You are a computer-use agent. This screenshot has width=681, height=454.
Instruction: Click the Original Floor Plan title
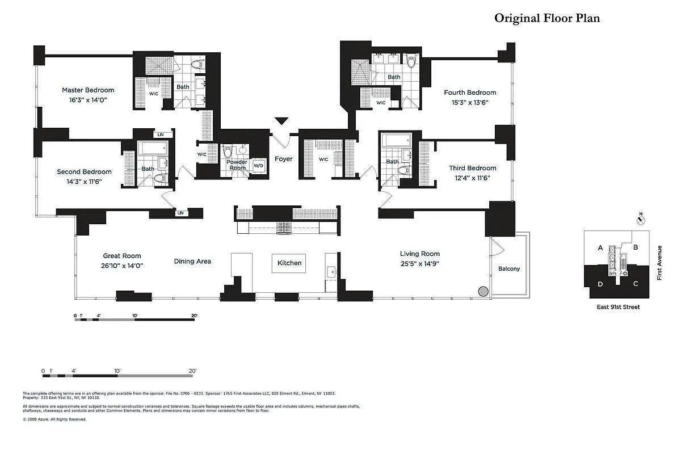pyautogui.click(x=547, y=18)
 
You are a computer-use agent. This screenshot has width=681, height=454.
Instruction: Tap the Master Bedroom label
pyautogui.click(x=88, y=90)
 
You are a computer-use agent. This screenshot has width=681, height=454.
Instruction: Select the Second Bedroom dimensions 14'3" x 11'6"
pyautogui.click(x=84, y=182)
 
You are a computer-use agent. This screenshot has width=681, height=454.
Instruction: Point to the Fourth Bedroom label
pyautogui.click(x=470, y=93)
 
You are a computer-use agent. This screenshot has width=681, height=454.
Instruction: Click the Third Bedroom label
pyautogui.click(x=472, y=168)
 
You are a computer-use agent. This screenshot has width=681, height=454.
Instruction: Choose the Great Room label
pyautogui.click(x=121, y=256)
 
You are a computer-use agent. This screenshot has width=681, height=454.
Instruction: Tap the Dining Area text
pyautogui.click(x=192, y=261)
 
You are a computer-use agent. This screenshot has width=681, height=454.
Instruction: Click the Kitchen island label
pyautogui.click(x=289, y=263)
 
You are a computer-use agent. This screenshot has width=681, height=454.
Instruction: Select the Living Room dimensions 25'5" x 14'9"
pyautogui.click(x=419, y=264)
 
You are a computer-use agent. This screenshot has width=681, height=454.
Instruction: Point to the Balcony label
pyautogui.click(x=508, y=269)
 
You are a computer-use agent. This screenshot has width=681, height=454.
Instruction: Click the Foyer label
pyautogui.click(x=284, y=159)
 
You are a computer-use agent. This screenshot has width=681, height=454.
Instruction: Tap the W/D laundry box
pyautogui.click(x=258, y=166)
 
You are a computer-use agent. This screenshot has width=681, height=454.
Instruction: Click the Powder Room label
pyautogui.click(x=237, y=165)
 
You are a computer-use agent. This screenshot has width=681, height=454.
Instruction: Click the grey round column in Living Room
pyautogui.click(x=483, y=292)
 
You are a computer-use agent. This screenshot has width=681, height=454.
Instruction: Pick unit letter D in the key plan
pyautogui.click(x=600, y=283)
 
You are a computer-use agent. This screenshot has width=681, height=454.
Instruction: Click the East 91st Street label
pyautogui.click(x=619, y=307)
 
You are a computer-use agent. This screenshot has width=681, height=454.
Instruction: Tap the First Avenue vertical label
pyautogui.click(x=659, y=262)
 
